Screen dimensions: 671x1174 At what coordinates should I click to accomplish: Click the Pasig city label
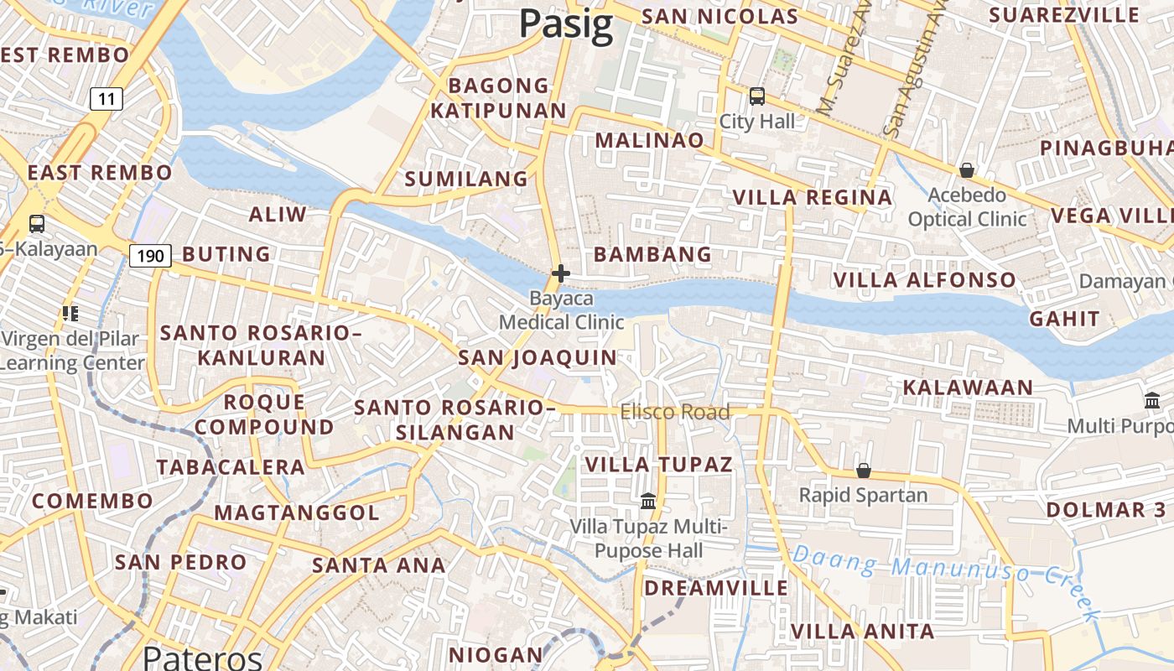click(x=566, y=23)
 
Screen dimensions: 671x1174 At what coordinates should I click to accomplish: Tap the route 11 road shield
click(x=106, y=99)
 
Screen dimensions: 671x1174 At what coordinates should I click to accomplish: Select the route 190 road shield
click(x=150, y=255)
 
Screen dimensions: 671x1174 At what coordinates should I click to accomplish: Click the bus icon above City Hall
click(x=757, y=96)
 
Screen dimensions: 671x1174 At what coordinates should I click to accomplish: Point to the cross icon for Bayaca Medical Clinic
click(x=561, y=273)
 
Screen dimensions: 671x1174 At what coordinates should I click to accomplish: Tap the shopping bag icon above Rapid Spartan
click(x=863, y=471)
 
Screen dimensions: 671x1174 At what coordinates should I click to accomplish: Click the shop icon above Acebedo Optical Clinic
click(x=967, y=171)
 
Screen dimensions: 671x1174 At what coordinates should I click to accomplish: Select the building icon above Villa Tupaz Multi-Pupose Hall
click(x=648, y=502)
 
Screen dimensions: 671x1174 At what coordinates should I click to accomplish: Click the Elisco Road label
click(x=675, y=412)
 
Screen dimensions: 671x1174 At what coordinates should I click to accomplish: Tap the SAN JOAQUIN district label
click(x=538, y=358)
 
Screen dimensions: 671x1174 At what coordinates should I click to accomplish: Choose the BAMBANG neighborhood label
click(x=652, y=254)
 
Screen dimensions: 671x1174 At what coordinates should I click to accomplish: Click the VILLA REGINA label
click(x=813, y=198)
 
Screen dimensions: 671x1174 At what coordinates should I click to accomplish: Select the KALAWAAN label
click(x=968, y=388)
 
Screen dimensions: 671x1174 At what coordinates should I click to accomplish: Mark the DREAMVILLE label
click(x=716, y=588)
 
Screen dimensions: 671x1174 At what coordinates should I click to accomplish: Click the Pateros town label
click(x=203, y=656)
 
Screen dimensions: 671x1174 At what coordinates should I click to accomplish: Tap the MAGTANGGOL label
click(x=297, y=512)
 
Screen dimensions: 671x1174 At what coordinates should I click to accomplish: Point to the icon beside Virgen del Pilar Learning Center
click(x=70, y=314)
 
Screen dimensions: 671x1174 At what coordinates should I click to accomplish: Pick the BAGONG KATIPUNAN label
click(x=498, y=98)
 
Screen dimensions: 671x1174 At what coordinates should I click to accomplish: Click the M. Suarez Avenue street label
click(x=840, y=67)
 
